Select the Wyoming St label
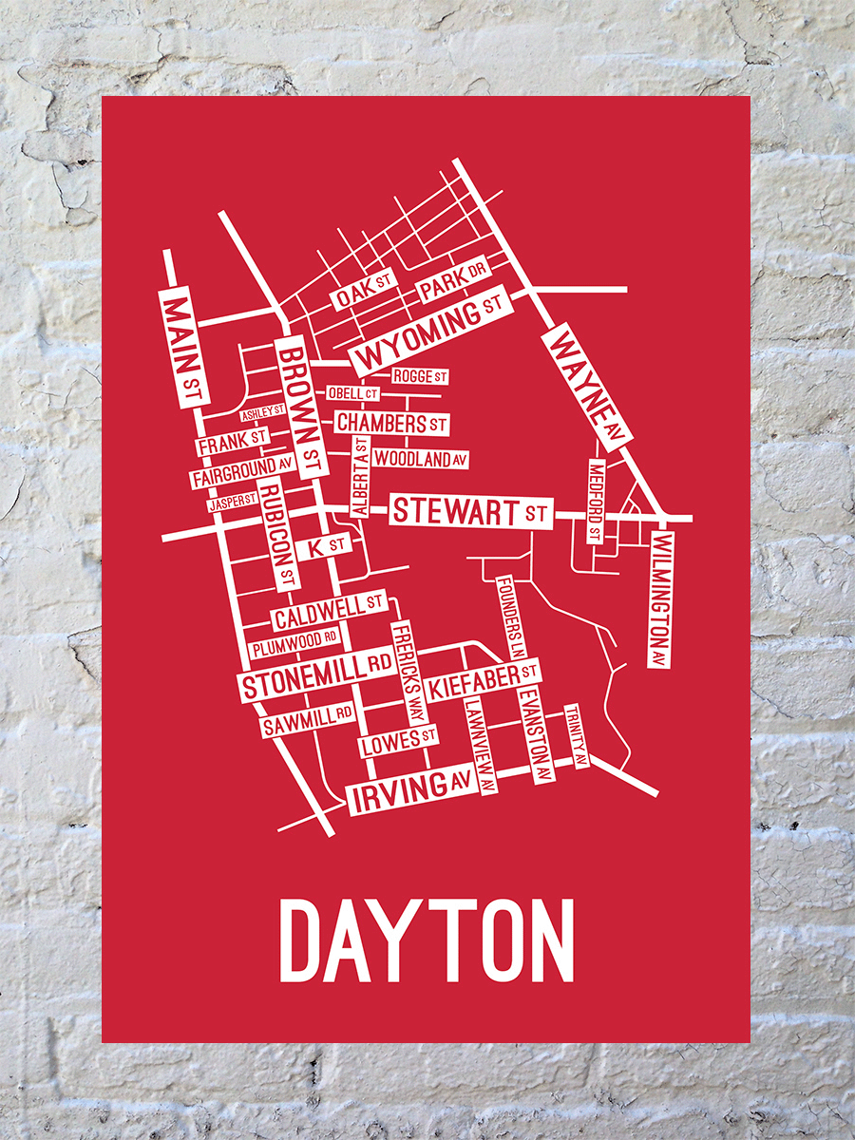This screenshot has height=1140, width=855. click(x=431, y=333)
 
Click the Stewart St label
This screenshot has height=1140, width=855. click(x=471, y=512)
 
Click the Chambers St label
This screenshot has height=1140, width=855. click(x=390, y=422)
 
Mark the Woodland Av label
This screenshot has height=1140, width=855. click(x=421, y=459)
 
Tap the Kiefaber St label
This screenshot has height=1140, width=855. click(x=484, y=678)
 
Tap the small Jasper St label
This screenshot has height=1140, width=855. click(x=233, y=502)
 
